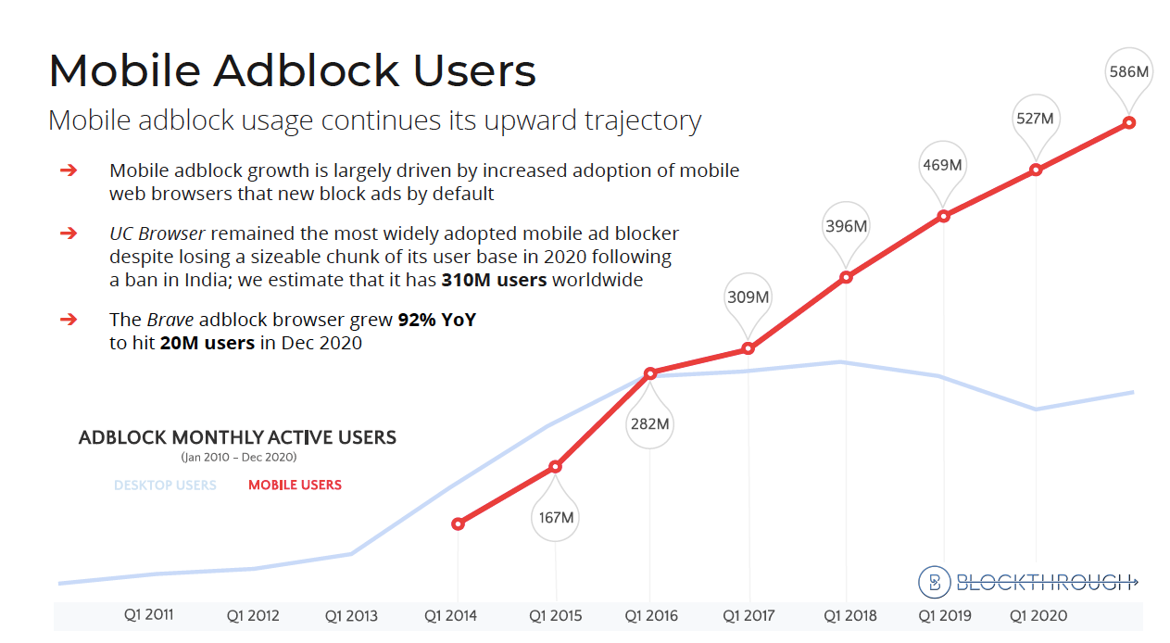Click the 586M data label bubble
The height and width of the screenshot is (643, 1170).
click(x=1128, y=70)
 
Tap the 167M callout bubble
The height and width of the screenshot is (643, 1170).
click(x=556, y=517)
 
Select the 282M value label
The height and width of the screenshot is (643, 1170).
click(x=649, y=424)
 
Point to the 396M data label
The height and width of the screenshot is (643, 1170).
click(x=846, y=226)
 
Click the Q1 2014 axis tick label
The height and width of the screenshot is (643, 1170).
click(x=450, y=615)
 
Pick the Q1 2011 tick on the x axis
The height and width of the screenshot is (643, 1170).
click(x=149, y=613)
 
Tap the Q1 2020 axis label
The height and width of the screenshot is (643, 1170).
click(x=1038, y=615)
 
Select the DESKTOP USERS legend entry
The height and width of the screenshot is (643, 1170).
click(x=165, y=485)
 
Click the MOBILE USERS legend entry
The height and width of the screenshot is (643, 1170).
click(x=295, y=485)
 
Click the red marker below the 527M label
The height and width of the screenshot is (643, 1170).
click(x=1036, y=170)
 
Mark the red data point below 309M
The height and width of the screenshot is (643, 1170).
click(x=748, y=348)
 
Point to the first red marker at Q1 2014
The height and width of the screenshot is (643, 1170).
click(x=458, y=523)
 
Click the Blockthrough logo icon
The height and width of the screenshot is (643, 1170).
click(x=934, y=581)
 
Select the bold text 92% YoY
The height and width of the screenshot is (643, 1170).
click(x=437, y=320)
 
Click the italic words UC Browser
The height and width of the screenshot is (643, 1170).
click(x=157, y=233)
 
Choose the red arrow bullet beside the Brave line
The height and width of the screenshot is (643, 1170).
click(x=69, y=320)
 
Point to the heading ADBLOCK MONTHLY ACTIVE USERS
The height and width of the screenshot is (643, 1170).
click(x=237, y=437)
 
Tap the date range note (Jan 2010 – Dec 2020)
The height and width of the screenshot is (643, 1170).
click(x=239, y=457)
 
